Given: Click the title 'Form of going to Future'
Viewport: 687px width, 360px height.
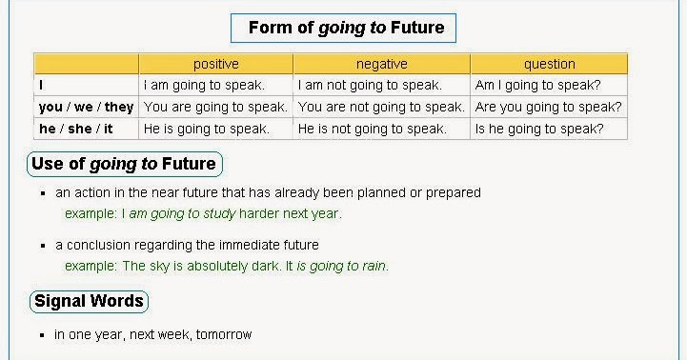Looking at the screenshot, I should point(344,28).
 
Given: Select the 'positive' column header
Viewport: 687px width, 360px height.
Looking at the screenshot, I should point(216,64).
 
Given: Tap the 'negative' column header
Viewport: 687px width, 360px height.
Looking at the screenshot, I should point(381,64).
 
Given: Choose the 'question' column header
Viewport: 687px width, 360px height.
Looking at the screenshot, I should point(549,64).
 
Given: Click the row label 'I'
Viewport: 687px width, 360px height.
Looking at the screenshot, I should point(42,85).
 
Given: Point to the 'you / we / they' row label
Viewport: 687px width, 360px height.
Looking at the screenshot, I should point(86,107).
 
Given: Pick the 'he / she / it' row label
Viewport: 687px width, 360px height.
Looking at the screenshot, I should point(76,129).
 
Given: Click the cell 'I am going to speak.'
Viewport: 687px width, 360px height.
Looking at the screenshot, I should point(203,85).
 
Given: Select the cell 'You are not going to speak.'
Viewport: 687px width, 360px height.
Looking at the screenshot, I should point(381,107).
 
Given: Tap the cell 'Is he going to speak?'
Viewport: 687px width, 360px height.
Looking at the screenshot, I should point(538,129).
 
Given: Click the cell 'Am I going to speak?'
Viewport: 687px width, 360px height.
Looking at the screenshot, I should point(537,85).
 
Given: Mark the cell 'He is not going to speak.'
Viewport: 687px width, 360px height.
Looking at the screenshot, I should point(372,129).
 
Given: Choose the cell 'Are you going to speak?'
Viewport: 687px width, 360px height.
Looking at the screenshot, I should point(548,107).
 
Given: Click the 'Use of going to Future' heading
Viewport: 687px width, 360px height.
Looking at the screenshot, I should point(124,164).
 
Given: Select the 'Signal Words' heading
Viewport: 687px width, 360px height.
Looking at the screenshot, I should point(89,302).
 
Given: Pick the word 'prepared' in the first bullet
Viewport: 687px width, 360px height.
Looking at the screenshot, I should point(455,192).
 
